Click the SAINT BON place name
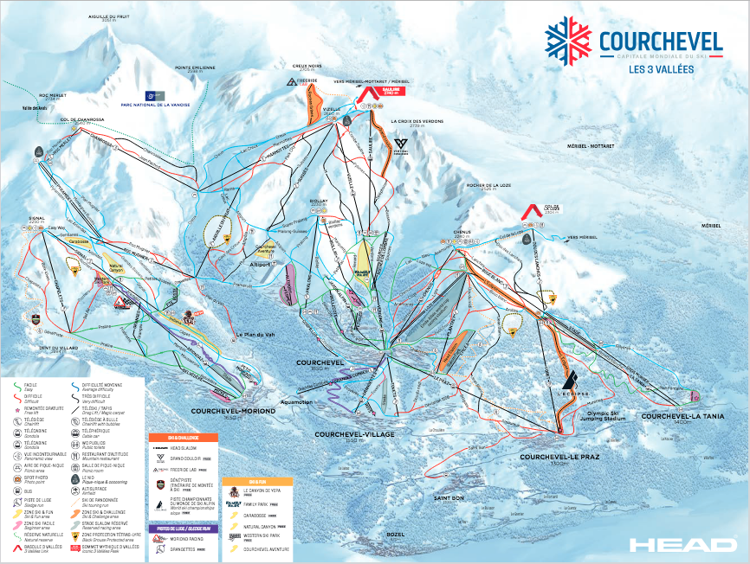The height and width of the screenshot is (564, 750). point(449,497)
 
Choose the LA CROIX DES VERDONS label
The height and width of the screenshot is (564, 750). point(417,122)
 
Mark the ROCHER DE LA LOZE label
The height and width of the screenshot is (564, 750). point(486,183)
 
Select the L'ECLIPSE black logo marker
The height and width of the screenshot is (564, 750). point(569,381)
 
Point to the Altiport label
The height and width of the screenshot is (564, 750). point(260,265)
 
